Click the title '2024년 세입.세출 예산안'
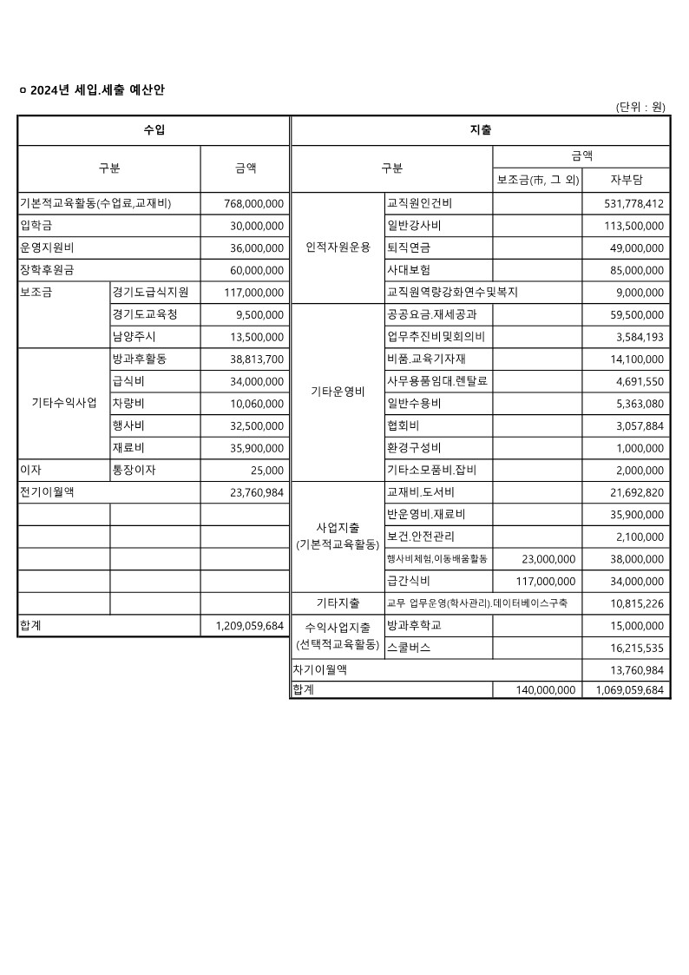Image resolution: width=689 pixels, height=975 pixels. pyautogui.click(x=104, y=90)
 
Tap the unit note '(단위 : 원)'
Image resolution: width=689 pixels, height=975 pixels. pyautogui.click(x=640, y=107)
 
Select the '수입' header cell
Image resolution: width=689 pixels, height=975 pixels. pyautogui.click(x=154, y=130)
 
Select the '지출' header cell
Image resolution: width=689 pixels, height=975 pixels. pyautogui.click(x=480, y=130)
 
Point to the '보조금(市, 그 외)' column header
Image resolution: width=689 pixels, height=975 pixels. pyautogui.click(x=537, y=180)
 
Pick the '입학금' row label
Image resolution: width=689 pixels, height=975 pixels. pyautogui.click(x=36, y=226)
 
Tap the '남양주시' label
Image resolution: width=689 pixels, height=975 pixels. pyautogui.click(x=135, y=336)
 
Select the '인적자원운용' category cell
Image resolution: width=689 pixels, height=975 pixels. pyautogui.click(x=338, y=247)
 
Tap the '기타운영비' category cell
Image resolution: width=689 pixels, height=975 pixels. pyautogui.click(x=338, y=392)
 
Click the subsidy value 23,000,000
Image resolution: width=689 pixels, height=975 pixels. pyautogui.click(x=548, y=558)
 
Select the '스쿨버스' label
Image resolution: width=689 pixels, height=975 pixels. pyautogui.click(x=409, y=648)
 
